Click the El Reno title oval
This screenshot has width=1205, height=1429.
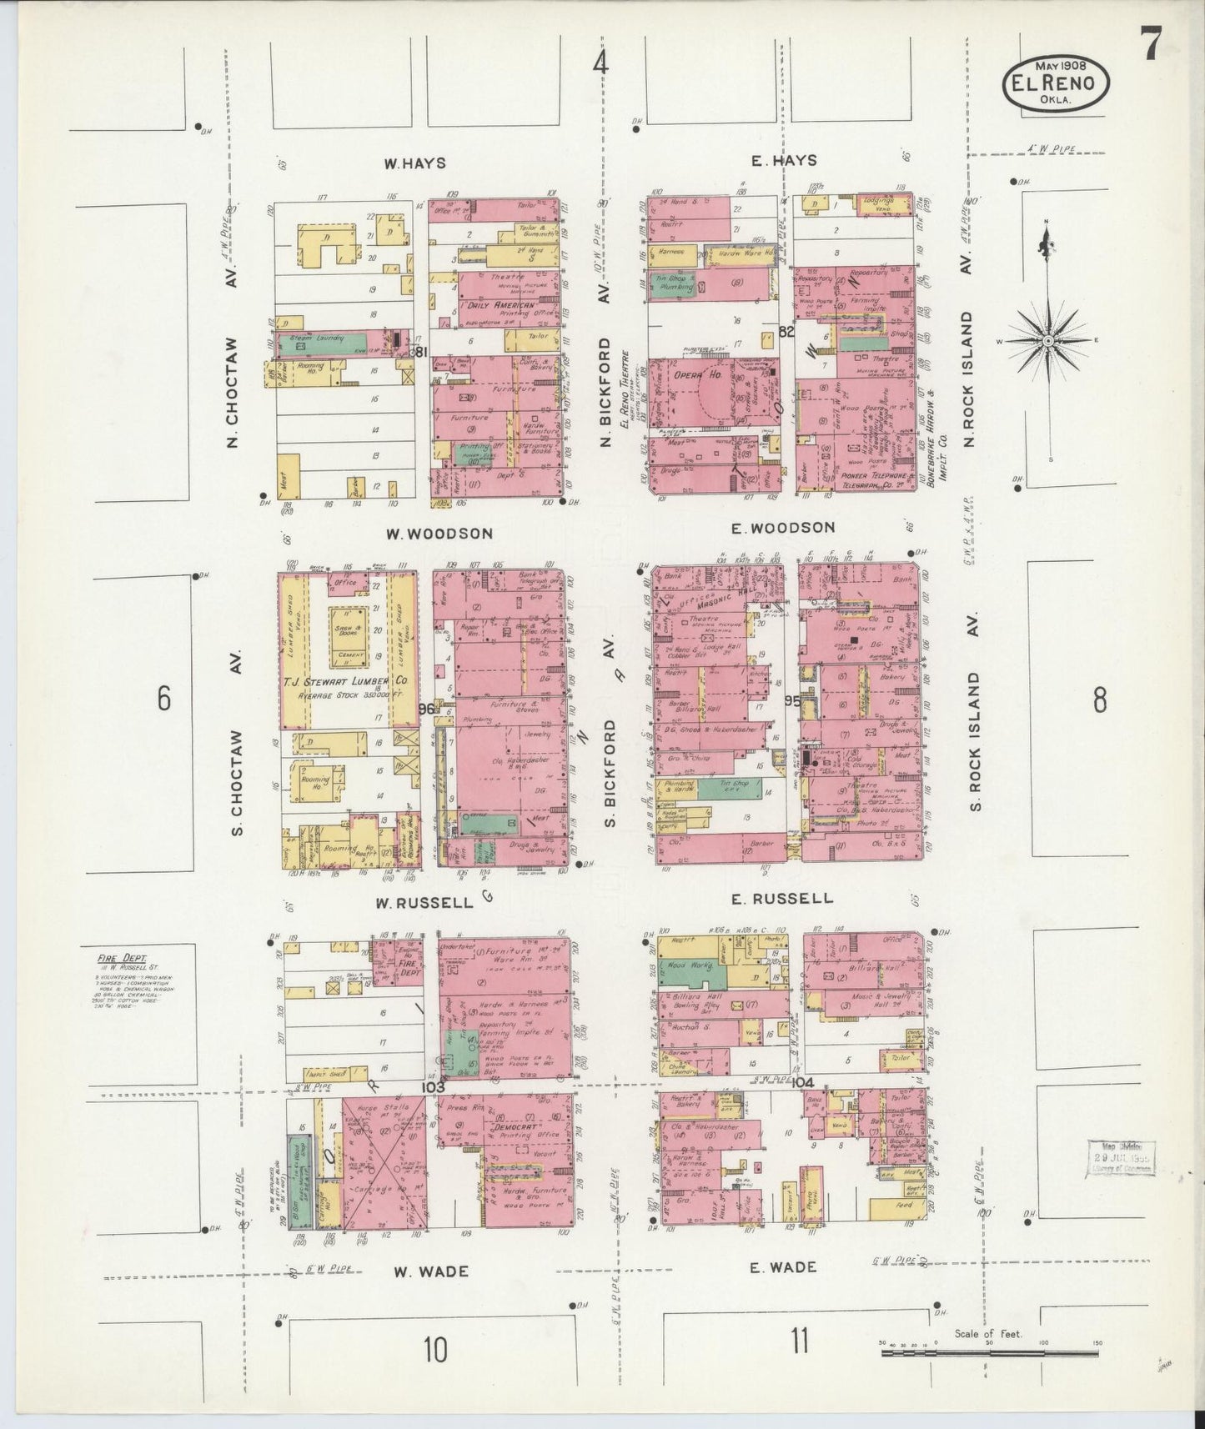1055,83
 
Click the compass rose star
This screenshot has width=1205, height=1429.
1047,342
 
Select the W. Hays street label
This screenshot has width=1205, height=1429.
414,163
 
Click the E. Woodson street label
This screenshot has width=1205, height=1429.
782,528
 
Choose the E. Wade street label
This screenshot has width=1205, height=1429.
781,1267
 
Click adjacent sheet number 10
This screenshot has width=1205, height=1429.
435,1349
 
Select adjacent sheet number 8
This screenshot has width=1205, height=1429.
1100,700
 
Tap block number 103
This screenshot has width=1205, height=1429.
434,1087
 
